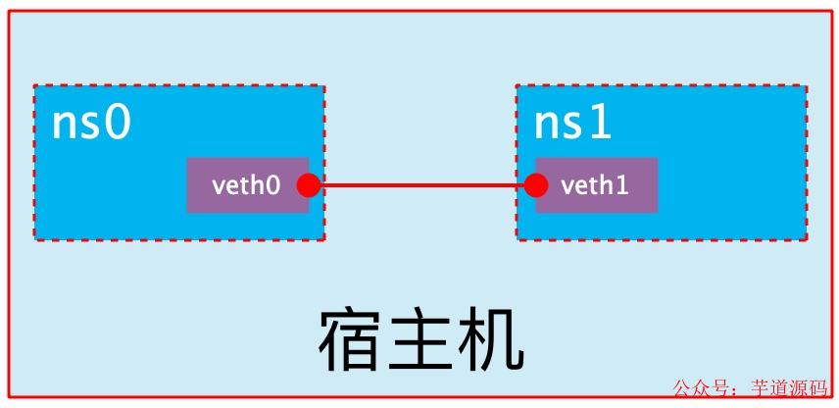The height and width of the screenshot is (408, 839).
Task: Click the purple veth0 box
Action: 248,185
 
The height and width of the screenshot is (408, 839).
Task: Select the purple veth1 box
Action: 597,185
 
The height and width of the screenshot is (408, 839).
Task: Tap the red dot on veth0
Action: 309,185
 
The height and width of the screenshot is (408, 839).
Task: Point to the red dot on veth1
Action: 536,185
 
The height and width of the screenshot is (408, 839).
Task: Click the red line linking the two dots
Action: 422,185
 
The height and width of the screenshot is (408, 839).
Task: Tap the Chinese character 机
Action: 491,340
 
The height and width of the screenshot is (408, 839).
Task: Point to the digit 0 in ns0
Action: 118,125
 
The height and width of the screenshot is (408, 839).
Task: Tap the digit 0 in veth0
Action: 273,186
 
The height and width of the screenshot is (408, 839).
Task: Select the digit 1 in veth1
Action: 622,186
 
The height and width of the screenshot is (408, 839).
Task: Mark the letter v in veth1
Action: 568,188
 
